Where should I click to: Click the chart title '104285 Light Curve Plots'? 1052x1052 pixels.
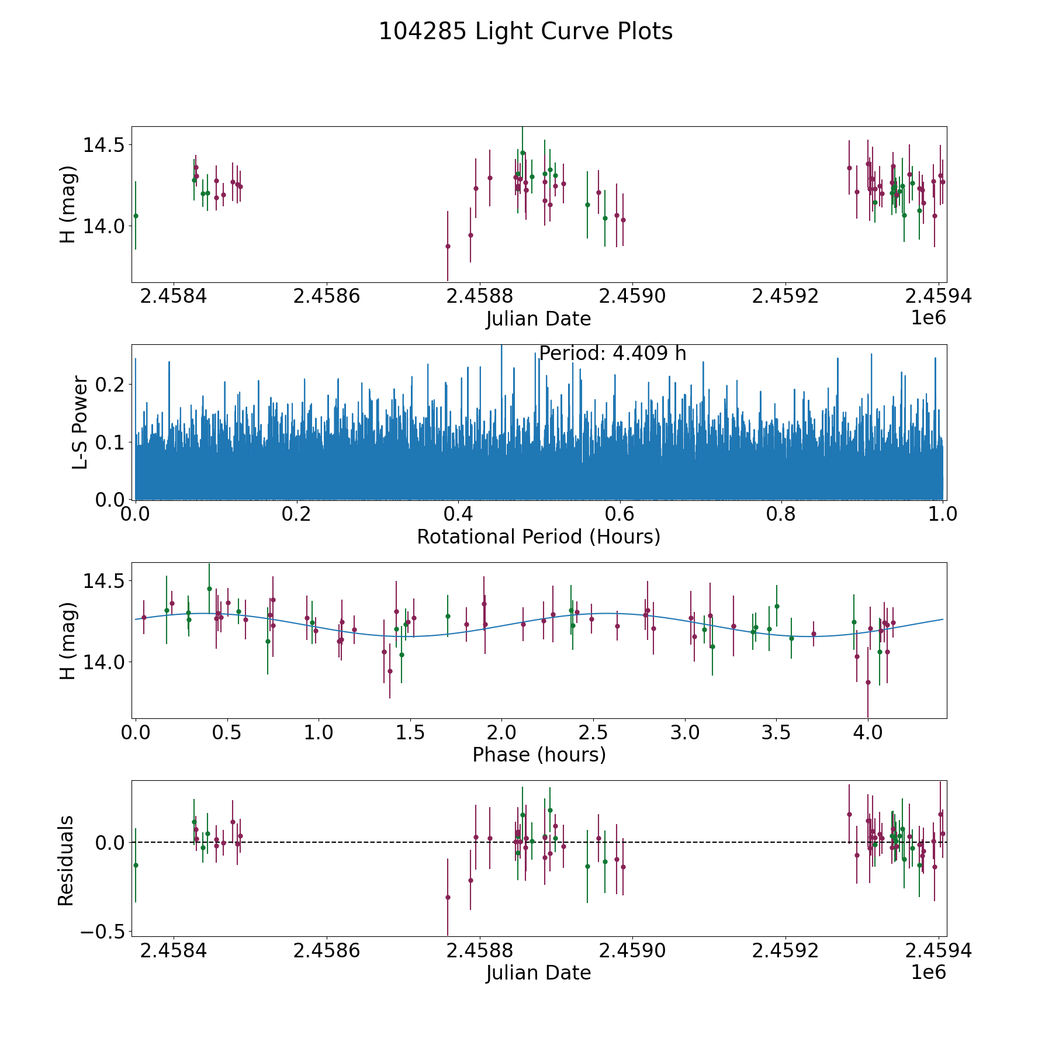525,32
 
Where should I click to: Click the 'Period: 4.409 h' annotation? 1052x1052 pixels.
612,354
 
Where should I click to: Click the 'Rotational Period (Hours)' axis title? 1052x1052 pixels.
538,537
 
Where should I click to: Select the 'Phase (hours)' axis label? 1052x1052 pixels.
539,755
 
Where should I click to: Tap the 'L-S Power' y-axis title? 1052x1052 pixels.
80,422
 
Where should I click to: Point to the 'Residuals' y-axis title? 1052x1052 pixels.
66,860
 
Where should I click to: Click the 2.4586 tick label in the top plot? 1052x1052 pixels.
327,296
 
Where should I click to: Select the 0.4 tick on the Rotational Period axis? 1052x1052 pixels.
458,514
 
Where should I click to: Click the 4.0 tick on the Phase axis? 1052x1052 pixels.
868,732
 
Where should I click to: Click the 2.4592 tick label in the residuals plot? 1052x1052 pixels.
785,951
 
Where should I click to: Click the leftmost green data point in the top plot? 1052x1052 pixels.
136,216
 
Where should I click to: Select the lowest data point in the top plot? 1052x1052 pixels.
448,246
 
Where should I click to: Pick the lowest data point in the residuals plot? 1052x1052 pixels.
448,897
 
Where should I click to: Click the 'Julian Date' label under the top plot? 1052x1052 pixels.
538,319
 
